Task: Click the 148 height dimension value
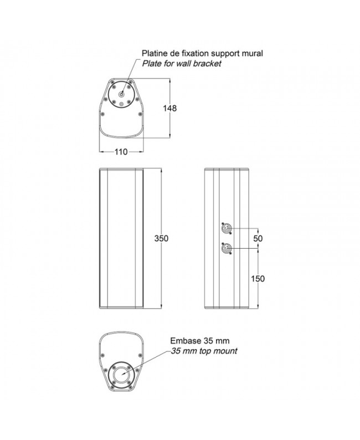[171, 109]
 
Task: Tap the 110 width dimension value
[121, 152]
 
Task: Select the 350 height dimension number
[161, 238]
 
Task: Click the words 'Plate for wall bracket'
[182, 64]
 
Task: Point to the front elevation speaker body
[121, 238]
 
